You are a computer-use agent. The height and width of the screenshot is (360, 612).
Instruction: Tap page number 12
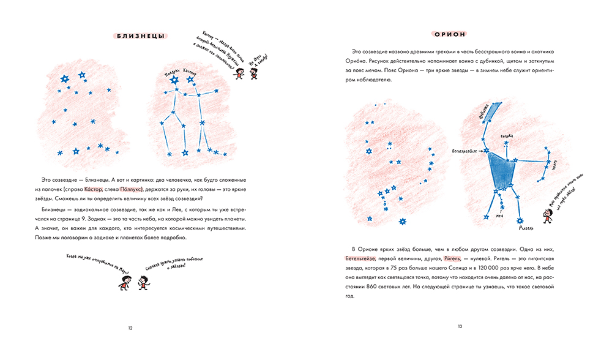coord(130,328)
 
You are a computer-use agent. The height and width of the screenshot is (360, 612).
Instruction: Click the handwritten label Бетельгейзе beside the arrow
coord(464,149)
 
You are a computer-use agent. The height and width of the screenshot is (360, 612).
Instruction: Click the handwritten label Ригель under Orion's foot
coord(526,229)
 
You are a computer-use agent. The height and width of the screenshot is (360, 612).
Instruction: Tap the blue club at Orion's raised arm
coord(490,111)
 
